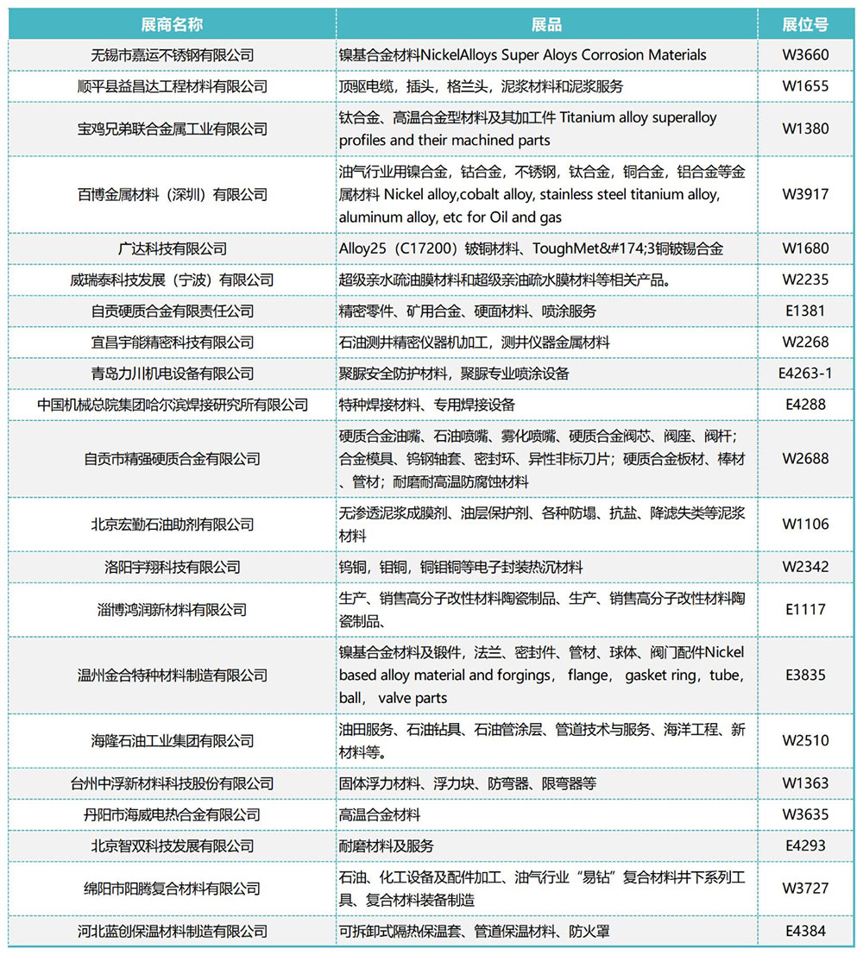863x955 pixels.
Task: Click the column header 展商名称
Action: tap(173, 24)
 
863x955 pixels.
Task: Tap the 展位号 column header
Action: tap(805, 24)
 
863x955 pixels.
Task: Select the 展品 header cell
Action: tap(547, 24)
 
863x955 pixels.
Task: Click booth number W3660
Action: tap(805, 55)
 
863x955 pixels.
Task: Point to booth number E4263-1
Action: tap(805, 374)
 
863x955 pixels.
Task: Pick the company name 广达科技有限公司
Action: tap(173, 248)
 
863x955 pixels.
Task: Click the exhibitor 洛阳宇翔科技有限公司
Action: tap(173, 567)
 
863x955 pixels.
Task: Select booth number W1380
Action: tap(805, 129)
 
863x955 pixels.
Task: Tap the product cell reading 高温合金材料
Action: tap(380, 814)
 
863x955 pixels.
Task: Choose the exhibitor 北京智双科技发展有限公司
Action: tap(173, 845)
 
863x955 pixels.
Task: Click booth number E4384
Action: tap(805, 931)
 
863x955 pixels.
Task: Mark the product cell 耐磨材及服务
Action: tap(387, 845)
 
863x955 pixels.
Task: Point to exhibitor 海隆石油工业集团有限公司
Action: tap(173, 740)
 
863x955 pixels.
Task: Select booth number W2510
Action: tap(805, 740)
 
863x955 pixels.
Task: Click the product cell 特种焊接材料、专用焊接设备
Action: tap(427, 405)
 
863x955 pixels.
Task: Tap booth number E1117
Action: tap(805, 609)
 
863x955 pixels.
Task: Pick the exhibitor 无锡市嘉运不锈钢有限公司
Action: tap(173, 55)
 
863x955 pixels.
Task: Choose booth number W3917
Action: tap(805, 194)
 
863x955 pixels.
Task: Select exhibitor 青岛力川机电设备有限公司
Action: tap(173, 374)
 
